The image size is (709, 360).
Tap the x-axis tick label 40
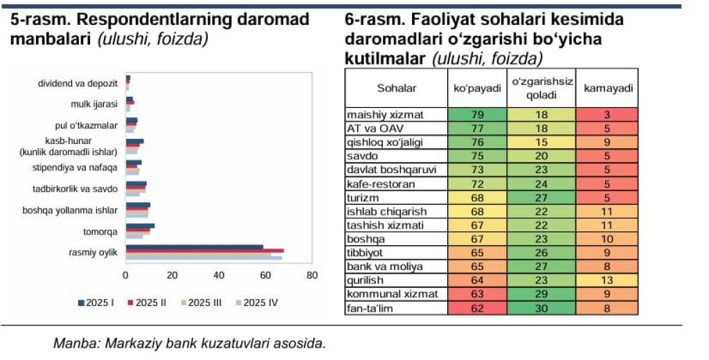coord(219,276)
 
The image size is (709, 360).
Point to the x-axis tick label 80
coord(312,276)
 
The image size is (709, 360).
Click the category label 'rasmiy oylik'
coord(98,252)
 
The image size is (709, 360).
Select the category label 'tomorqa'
coord(103,231)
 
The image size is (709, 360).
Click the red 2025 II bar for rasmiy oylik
coord(204,250)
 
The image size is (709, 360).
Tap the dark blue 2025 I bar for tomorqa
coord(140,226)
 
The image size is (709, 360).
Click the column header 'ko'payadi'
coord(477,89)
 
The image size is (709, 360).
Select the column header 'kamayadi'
coord(607,89)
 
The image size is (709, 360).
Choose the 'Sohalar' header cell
coord(397,89)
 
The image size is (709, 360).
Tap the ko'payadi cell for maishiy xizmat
coord(477,114)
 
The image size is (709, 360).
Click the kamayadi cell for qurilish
coord(607,280)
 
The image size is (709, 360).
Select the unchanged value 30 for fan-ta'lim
coord(541,308)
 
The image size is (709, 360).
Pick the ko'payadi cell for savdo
coord(477,156)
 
